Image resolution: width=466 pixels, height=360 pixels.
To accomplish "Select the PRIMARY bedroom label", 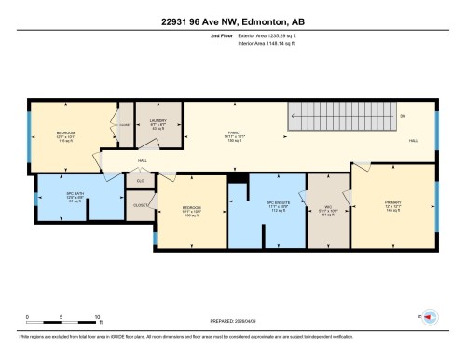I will coord(392,205).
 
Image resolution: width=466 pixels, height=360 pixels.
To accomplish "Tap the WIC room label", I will coord(326,210).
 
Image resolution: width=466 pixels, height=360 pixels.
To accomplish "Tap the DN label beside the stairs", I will coord(403,115).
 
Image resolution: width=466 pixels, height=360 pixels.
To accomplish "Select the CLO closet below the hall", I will coord(142,181).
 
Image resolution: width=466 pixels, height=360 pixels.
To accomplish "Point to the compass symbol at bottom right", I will coord(432,316).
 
